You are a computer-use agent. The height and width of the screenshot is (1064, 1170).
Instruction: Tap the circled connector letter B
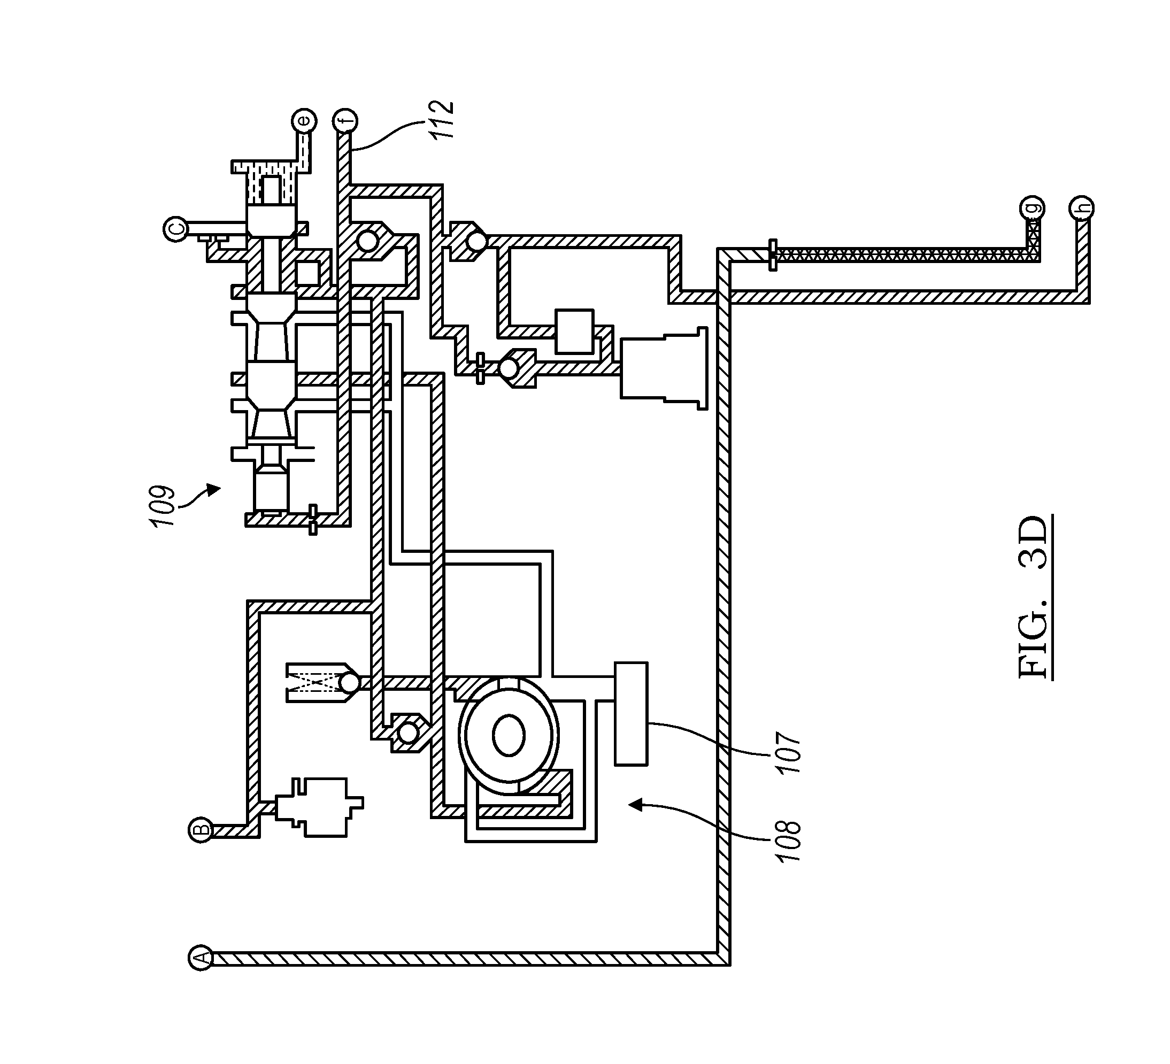pos(200,830)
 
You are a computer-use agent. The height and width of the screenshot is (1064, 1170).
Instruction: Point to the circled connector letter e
pos(304,121)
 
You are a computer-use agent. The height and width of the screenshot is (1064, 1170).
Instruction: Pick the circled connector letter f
pos(345,121)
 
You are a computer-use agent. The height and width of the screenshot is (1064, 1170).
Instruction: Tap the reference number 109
pos(162,506)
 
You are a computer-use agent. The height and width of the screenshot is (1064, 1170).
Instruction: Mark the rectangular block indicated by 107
pos(632,714)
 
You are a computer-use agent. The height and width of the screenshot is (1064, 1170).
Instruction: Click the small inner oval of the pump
pos(509,735)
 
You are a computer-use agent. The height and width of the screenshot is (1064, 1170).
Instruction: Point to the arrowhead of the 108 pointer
pos(637,804)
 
